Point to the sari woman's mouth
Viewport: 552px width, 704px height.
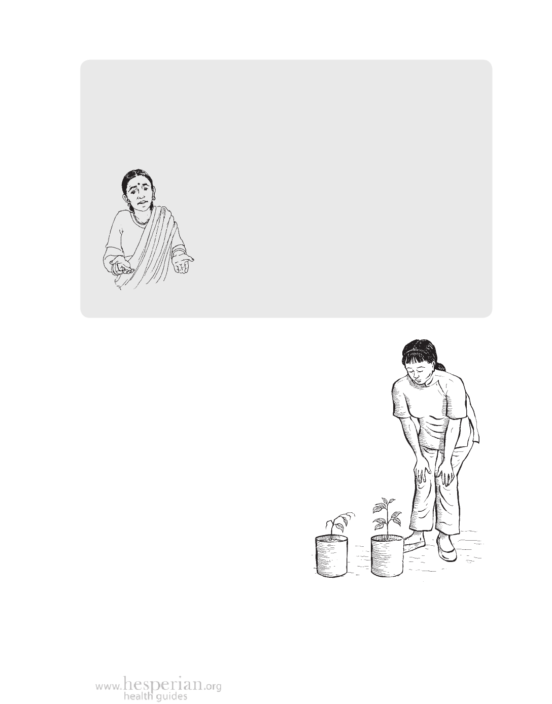click(x=143, y=202)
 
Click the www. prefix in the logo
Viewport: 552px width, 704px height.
click(x=109, y=685)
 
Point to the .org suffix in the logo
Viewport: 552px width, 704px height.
click(x=213, y=685)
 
